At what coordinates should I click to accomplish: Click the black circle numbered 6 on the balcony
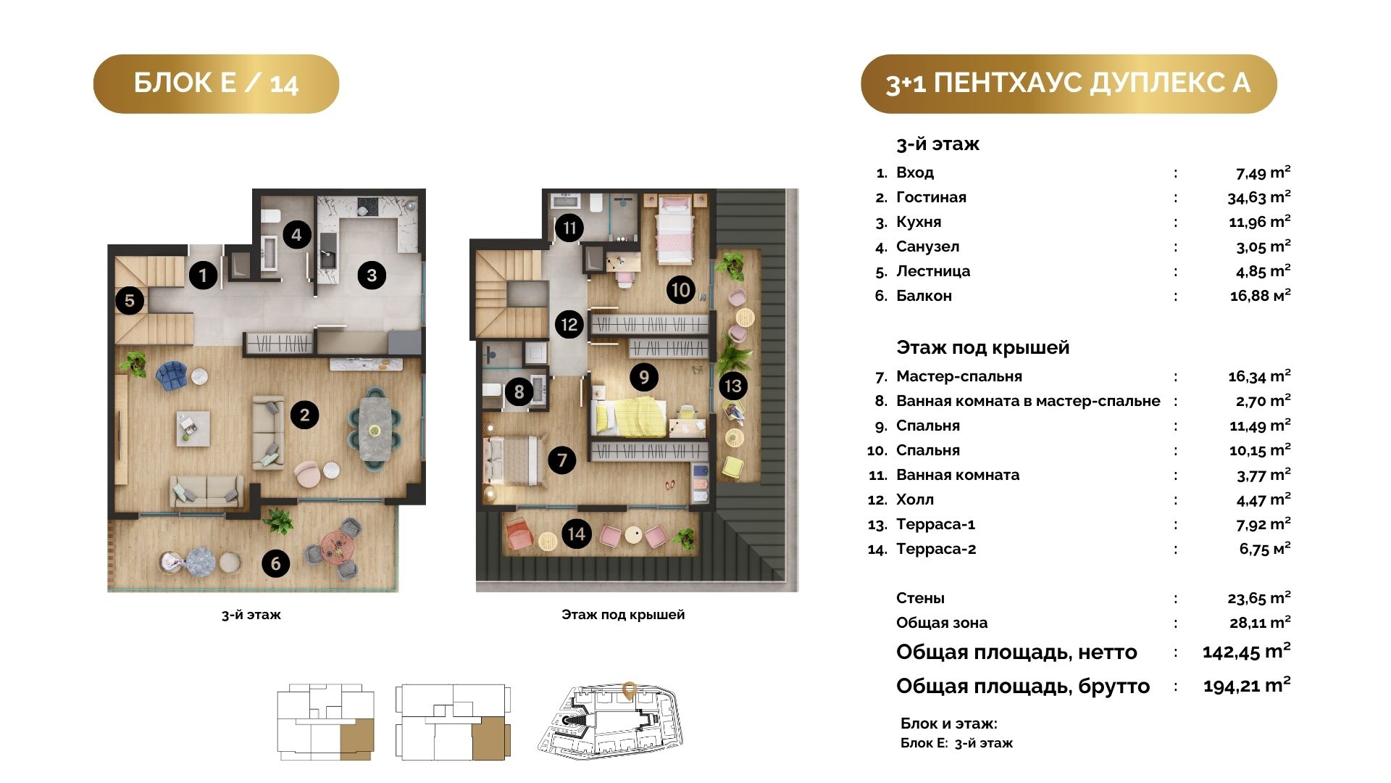275,563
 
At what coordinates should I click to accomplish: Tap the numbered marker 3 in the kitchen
372,275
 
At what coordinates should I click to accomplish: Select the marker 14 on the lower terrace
576,534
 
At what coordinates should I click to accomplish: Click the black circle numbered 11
569,228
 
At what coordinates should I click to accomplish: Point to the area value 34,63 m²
1259,196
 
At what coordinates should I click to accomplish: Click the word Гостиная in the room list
931,197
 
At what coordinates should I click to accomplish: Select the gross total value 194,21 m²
1247,685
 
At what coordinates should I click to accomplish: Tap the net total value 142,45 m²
1247,651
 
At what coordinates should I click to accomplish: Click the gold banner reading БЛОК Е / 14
216,83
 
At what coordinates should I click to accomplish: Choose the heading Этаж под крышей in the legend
982,347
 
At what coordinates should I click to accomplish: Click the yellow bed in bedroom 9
628,417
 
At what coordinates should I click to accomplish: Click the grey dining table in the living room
375,428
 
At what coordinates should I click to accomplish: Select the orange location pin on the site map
630,689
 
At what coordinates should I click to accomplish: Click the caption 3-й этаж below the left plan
251,615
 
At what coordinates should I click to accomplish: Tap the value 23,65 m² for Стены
1259,598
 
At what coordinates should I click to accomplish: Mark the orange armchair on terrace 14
520,535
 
